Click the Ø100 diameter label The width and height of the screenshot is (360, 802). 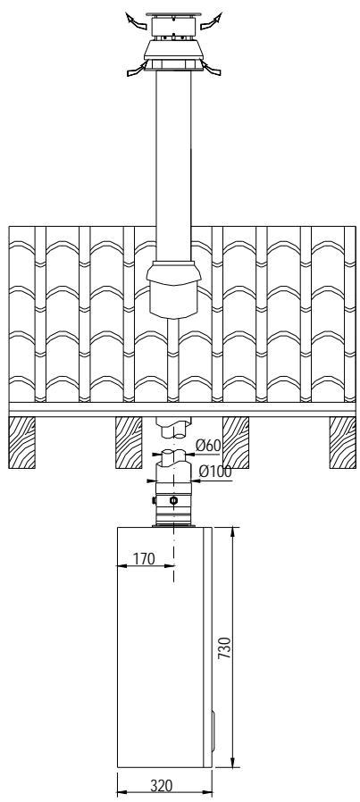coord(215,472)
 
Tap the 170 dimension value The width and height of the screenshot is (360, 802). coord(144,559)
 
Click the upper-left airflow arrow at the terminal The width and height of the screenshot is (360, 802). coord(136,20)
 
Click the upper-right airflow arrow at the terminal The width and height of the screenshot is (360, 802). coord(211,21)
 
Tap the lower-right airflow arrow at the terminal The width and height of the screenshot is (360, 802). coord(211,68)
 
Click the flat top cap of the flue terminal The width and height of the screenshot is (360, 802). coord(174,14)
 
